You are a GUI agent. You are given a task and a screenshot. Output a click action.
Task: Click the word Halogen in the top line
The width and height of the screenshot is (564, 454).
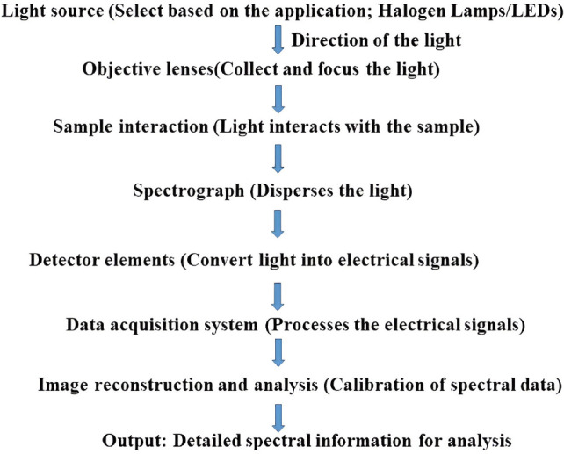click(x=397, y=11)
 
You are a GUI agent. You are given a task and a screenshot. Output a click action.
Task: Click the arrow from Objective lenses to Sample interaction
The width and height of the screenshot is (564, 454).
click(x=278, y=99)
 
